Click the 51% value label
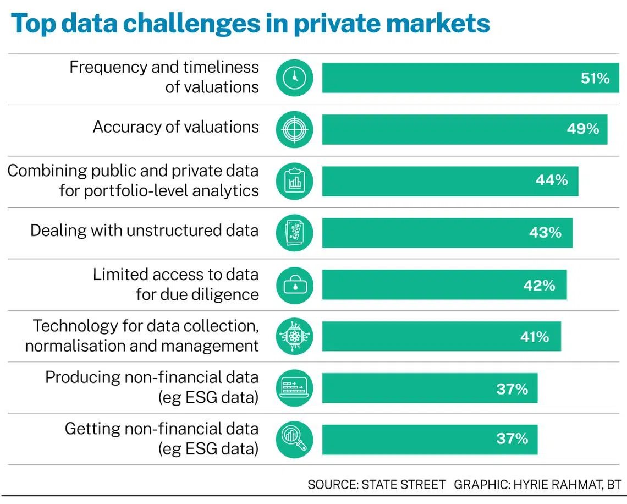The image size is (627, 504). [595, 78]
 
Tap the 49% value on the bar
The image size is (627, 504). [583, 129]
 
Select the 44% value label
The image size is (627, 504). [552, 180]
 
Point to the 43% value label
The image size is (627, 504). [546, 232]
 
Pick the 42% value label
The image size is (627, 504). [540, 286]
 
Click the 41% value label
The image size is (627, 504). [535, 337]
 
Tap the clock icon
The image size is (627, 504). [294, 78]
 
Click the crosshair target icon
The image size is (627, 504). [294, 129]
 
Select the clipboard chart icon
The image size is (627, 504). [294, 181]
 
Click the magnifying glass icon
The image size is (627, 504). [294, 440]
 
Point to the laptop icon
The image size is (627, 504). [294, 388]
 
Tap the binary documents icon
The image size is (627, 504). [294, 233]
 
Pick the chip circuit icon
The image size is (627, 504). [294, 336]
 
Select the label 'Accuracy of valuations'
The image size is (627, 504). [176, 127]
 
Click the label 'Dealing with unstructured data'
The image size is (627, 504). [144, 231]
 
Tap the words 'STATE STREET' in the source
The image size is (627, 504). [404, 485]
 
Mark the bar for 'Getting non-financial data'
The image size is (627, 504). [430, 440]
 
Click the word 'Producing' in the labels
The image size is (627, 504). [82, 378]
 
